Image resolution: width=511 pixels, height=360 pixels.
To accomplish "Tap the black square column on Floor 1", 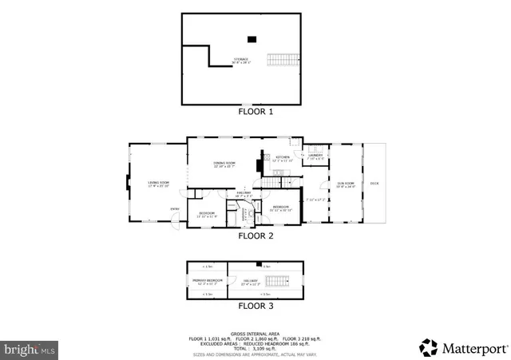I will tap(252, 38).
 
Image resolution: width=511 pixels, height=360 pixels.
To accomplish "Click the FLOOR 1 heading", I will tap(255, 112).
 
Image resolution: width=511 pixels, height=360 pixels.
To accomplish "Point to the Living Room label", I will tap(158, 184).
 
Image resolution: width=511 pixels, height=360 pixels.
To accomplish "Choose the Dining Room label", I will tap(224, 164).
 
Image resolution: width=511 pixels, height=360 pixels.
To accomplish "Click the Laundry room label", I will tap(315, 156).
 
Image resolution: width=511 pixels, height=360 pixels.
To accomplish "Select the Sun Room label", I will tap(345, 184).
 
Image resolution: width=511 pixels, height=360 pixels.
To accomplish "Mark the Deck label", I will tap(374, 184).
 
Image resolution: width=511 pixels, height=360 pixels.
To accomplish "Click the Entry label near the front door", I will tap(174, 210).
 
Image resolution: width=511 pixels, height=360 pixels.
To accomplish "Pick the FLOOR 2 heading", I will tap(255, 236).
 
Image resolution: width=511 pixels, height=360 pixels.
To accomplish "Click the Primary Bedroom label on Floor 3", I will tap(207, 281).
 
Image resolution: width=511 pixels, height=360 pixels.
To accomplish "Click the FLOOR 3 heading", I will tap(255, 306).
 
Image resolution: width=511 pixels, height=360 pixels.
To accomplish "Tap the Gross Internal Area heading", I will tap(255, 333).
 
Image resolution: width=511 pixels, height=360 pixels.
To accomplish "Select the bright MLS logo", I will tap(30, 349).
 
